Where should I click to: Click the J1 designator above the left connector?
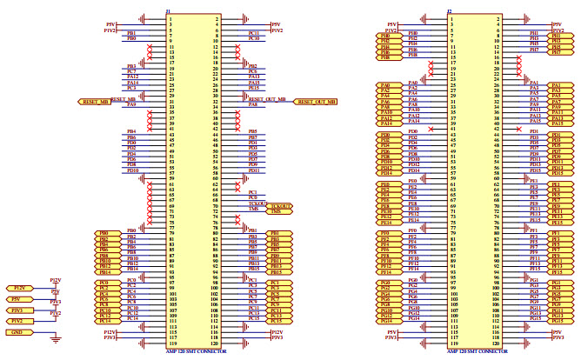tap(168, 11)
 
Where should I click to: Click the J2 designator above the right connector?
tap(450, 11)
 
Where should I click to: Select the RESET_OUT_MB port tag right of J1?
tap(315, 102)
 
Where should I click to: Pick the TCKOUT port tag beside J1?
tap(280, 205)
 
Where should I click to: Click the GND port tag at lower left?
tap(17, 332)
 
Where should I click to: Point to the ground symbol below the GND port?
tap(57, 340)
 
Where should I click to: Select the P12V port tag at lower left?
tap(19, 288)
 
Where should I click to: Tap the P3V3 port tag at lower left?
tap(19, 310)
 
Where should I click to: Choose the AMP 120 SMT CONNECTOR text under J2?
tap(477, 351)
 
